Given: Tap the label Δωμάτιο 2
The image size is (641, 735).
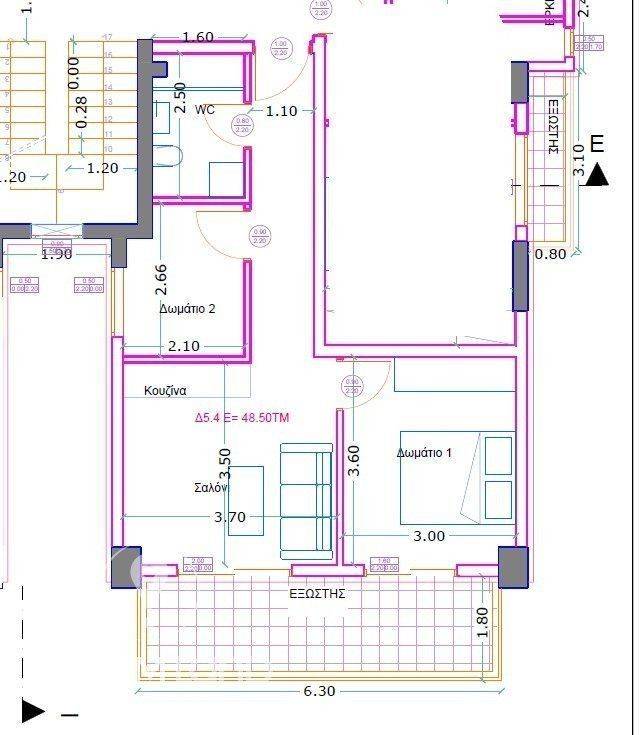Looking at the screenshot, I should tap(187, 309).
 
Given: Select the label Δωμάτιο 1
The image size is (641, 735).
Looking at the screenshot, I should tap(424, 452).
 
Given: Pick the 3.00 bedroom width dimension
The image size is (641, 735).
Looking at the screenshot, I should tap(429, 536).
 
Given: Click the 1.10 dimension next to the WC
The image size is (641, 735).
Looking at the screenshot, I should tap(281, 111).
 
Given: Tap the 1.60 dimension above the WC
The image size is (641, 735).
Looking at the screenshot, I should tap(198, 37).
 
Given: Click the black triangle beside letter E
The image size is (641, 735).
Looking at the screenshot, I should tap(597, 176).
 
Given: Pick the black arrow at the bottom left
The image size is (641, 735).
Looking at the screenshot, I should tap(33, 712).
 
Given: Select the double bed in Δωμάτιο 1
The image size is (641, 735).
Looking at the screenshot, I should tap(457, 478).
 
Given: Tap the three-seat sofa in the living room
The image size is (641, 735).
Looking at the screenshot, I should tap(306, 501).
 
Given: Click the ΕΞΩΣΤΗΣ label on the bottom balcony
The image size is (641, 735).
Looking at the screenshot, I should tap(317, 593).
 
